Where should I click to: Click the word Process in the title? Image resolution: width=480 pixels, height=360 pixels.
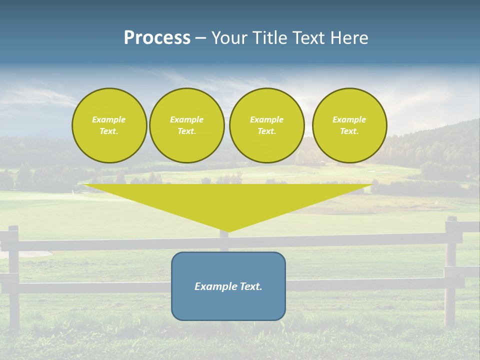click(x=157, y=38)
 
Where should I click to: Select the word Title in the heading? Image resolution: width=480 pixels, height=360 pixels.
click(x=271, y=38)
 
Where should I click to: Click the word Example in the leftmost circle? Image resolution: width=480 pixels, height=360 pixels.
click(x=109, y=119)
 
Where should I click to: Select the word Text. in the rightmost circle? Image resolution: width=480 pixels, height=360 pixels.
click(x=349, y=131)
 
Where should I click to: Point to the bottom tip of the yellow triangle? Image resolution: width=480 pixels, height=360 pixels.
click(x=228, y=231)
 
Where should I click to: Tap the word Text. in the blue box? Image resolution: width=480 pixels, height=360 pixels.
click(x=251, y=286)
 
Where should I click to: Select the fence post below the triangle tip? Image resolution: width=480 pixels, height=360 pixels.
click(x=224, y=242)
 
